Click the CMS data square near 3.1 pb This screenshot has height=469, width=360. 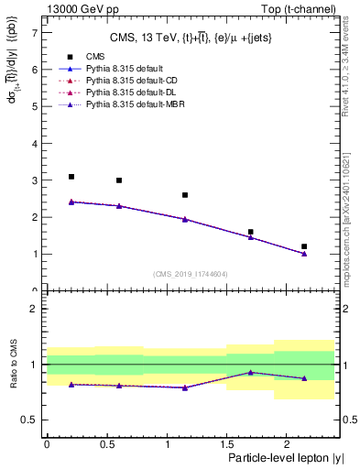(x=71, y=177)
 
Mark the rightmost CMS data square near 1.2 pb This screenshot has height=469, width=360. (x=304, y=246)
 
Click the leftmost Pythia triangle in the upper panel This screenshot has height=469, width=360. (x=71, y=202)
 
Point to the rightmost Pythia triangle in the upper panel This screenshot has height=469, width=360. (x=304, y=254)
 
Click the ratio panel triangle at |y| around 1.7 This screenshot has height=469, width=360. (x=251, y=373)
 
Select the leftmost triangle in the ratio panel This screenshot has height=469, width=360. (x=71, y=385)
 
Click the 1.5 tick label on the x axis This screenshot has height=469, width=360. (x=226, y=443)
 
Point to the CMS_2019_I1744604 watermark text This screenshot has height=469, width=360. (x=190, y=274)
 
